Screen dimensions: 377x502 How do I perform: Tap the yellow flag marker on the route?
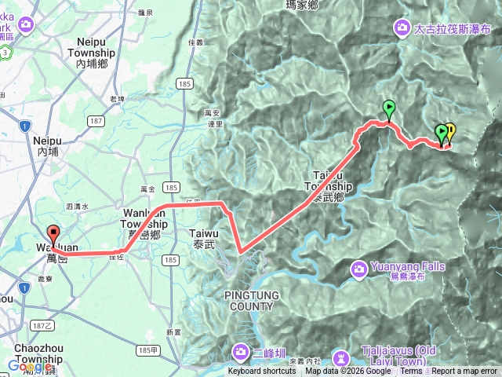450,132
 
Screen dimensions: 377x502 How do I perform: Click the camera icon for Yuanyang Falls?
358,269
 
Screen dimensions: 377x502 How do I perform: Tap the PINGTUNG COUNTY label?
247,300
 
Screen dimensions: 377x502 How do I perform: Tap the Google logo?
30,366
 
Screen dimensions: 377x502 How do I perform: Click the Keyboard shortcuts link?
262,372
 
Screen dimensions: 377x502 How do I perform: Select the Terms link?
411,372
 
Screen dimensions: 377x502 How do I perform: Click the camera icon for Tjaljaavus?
340,357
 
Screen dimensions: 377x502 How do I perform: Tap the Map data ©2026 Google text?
350,372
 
